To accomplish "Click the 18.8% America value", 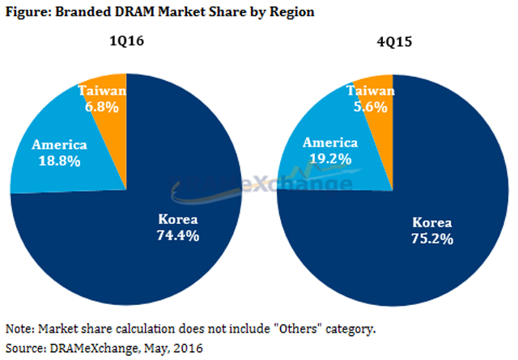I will click(x=55, y=160).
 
